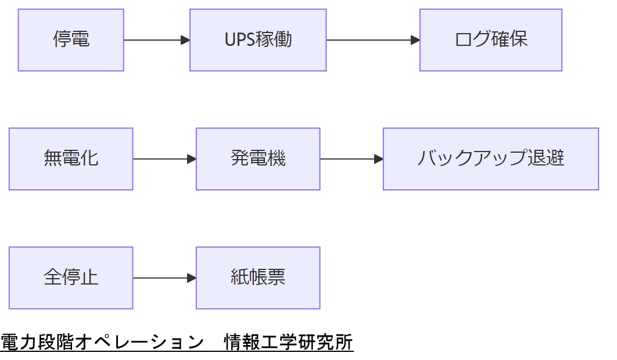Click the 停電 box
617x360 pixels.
tap(71, 40)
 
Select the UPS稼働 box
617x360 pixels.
tap(258, 40)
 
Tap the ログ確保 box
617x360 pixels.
tap(490, 40)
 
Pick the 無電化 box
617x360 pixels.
tap(71, 159)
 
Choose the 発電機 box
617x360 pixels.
tap(258, 159)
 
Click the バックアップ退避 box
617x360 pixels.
tap(490, 159)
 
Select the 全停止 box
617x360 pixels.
tap(71, 278)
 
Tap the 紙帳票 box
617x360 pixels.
tap(258, 278)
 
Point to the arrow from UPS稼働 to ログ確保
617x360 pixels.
tap(372, 40)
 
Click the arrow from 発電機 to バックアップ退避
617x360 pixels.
tap(351, 159)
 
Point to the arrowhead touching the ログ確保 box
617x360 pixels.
tap(415, 40)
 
